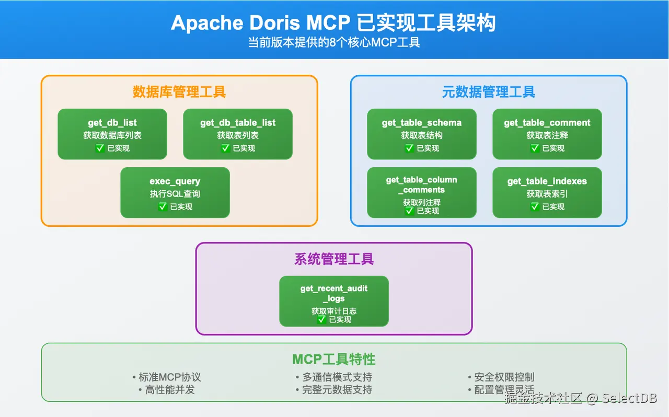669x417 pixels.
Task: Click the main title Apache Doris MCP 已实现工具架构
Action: point(334,23)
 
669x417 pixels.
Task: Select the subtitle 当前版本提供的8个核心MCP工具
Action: point(334,43)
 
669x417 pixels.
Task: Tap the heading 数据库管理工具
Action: point(179,92)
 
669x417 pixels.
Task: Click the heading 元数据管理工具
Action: point(489,92)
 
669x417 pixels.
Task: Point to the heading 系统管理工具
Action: point(334,259)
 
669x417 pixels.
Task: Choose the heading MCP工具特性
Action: point(334,359)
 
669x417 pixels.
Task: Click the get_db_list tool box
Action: point(112,134)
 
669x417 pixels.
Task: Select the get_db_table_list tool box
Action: point(238,134)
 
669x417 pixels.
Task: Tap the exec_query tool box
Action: point(175,192)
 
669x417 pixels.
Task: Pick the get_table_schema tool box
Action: point(422,134)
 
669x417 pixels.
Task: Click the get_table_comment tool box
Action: point(547,134)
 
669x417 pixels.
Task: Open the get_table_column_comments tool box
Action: point(422,192)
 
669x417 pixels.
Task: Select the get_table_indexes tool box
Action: point(547,192)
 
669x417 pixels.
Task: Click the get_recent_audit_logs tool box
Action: point(334,301)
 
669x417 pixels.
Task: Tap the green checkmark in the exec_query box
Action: point(163,206)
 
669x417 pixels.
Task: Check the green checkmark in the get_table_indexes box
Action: point(535,206)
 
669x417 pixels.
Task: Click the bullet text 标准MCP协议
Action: point(170,377)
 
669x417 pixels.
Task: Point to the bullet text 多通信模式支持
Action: point(337,377)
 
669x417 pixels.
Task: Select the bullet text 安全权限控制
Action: point(504,377)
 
